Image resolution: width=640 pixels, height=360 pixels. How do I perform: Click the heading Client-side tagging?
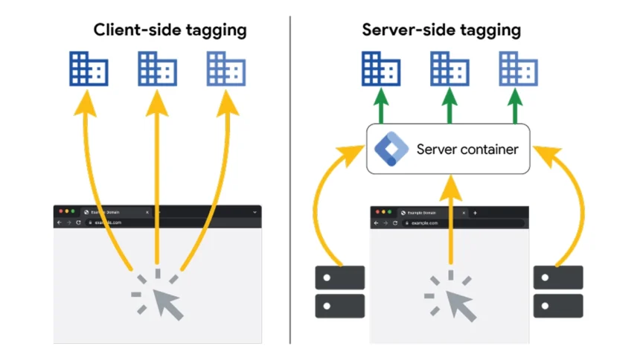170,30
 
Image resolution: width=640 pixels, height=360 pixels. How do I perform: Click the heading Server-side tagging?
441,30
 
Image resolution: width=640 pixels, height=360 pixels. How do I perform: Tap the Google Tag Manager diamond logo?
391,149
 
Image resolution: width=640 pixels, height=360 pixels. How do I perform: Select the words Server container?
467,149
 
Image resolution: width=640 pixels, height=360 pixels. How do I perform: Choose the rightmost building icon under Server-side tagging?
518,69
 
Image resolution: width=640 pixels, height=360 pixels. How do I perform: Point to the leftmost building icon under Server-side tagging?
380,69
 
